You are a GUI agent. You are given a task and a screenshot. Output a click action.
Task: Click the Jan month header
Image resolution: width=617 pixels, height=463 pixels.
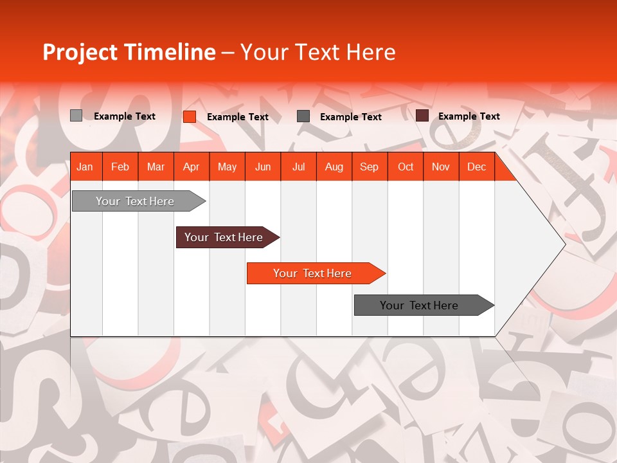pyautogui.click(x=85, y=167)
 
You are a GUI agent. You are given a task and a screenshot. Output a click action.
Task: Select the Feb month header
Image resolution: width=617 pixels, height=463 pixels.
pyautogui.click(x=120, y=167)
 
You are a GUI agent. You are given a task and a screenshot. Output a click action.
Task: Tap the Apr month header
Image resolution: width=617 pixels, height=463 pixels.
pyautogui.click(x=192, y=167)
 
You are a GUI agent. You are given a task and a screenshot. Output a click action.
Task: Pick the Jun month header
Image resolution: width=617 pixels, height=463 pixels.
pyautogui.click(x=263, y=167)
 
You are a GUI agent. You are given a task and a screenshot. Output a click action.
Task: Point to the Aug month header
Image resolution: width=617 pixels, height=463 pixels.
pyautogui.click(x=334, y=167)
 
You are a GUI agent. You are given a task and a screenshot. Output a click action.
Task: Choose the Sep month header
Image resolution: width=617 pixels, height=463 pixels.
pyautogui.click(x=370, y=167)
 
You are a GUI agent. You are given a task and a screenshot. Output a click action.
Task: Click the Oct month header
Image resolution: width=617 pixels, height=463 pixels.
pyautogui.click(x=406, y=167)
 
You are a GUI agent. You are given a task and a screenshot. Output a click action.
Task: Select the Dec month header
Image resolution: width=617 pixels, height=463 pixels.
pyautogui.click(x=477, y=167)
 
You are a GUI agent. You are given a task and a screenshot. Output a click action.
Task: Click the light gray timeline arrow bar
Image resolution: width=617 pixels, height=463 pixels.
pyautogui.click(x=136, y=201)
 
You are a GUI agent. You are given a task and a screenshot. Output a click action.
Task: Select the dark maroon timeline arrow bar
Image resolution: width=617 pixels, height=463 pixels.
pyautogui.click(x=224, y=237)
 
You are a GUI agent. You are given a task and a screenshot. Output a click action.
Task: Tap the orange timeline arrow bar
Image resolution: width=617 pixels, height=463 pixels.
pyautogui.click(x=313, y=273)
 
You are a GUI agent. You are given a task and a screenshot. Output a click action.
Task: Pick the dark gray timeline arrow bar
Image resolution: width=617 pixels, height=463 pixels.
pyautogui.click(x=420, y=305)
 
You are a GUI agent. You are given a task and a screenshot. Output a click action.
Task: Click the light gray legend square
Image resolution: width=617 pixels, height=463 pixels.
pyautogui.click(x=76, y=116)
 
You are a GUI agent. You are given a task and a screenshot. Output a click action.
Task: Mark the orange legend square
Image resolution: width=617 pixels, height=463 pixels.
pyautogui.click(x=190, y=116)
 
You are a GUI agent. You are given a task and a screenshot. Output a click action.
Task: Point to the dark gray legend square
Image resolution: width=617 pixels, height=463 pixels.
pyautogui.click(x=303, y=116)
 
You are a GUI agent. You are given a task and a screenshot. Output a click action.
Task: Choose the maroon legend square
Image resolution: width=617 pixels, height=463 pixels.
pyautogui.click(x=422, y=116)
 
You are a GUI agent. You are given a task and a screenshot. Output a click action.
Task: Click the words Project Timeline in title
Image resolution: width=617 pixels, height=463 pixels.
pyautogui.click(x=129, y=52)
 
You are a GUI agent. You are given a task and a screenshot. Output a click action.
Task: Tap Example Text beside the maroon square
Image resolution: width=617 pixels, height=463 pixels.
pyautogui.click(x=469, y=116)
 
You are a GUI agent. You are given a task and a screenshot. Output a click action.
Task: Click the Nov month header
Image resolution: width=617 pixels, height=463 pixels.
pyautogui.click(x=441, y=167)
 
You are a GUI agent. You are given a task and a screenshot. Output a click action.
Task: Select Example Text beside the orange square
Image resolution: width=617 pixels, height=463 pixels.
pyautogui.click(x=238, y=117)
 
